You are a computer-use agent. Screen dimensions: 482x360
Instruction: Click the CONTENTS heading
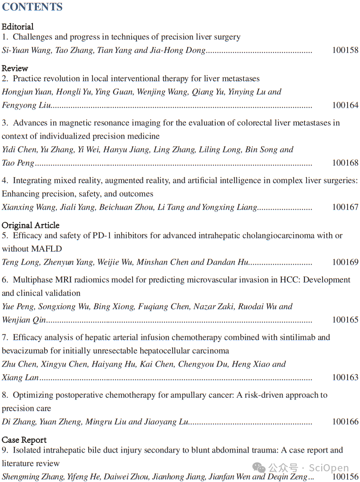[x=32, y=7]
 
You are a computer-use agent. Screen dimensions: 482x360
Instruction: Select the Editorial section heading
[x=18, y=27]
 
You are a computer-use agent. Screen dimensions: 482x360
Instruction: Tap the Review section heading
[x=15, y=68]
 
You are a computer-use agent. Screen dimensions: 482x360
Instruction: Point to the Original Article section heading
[x=30, y=225]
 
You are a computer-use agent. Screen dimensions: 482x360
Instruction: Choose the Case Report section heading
[x=24, y=440]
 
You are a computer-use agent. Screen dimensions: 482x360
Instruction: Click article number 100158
[x=345, y=50]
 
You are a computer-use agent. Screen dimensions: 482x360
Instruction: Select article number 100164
[x=345, y=105]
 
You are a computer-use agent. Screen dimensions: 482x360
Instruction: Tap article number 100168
[x=345, y=163]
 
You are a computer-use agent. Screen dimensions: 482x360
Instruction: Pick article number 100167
[x=345, y=207]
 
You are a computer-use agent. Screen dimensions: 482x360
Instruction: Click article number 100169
[x=345, y=262]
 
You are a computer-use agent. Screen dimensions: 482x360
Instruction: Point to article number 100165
[x=345, y=320]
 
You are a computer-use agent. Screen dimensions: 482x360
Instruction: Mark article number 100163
[x=345, y=378]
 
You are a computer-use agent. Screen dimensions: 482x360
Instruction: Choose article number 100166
[x=345, y=422]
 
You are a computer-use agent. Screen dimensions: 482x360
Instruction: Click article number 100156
[x=345, y=477]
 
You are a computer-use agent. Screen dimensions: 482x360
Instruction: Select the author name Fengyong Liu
[x=26, y=105]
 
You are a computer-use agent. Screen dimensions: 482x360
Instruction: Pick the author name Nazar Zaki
[x=218, y=306]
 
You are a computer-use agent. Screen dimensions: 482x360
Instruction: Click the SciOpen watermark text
[x=329, y=468]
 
